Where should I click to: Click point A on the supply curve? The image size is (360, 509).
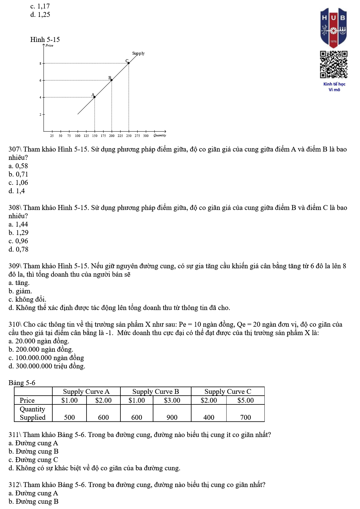(94, 97)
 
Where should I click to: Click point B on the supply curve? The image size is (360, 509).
(112, 80)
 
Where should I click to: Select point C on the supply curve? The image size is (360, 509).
(129, 63)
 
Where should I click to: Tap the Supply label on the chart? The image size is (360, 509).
(138, 53)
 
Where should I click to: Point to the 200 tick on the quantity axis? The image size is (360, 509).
(112, 136)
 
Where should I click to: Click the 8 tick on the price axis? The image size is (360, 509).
(40, 63)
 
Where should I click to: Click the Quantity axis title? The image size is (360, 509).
(160, 135)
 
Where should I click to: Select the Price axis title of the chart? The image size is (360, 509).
(49, 46)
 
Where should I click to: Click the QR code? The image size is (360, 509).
(334, 64)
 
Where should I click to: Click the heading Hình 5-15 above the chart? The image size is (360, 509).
(45, 40)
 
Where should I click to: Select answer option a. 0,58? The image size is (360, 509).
(18, 166)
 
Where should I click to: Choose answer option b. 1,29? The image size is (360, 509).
(18, 233)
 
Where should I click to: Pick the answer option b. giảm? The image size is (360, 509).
(20, 291)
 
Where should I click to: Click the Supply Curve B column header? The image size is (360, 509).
(155, 392)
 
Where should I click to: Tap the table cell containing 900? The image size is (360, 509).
(172, 417)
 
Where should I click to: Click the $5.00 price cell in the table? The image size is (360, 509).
(245, 400)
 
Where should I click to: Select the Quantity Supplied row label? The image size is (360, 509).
(33, 413)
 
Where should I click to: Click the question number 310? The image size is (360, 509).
(14, 325)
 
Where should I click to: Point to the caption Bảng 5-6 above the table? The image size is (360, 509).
(22, 383)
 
